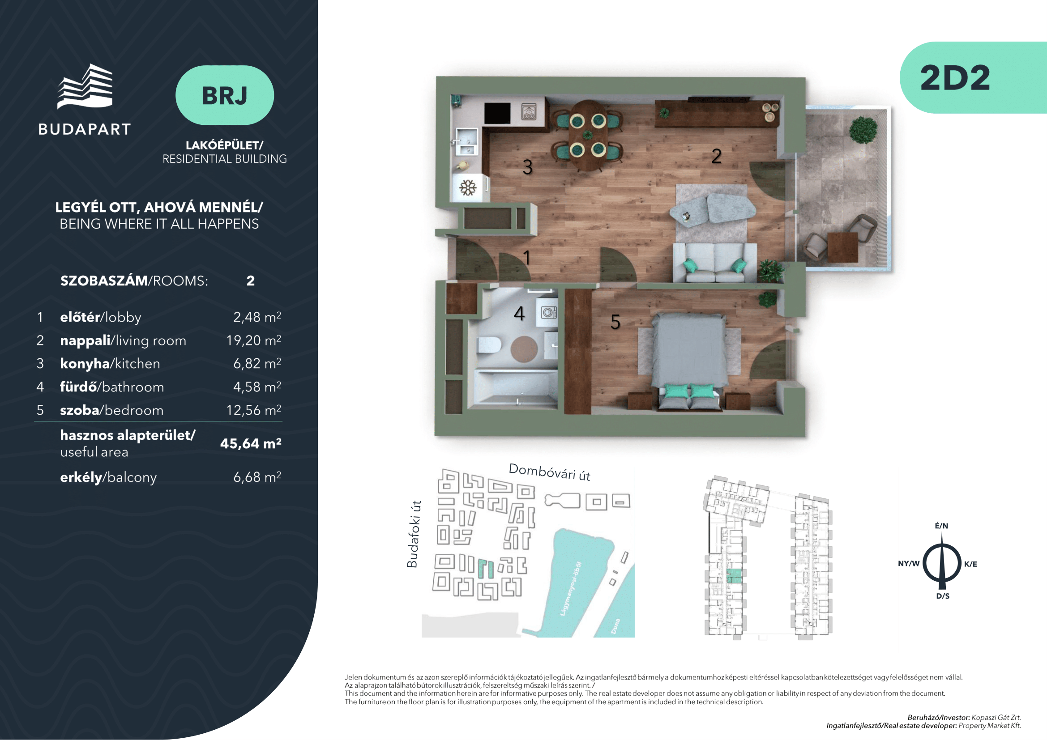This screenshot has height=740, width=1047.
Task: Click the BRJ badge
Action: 225,95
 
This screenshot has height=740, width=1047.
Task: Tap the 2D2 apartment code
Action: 955,78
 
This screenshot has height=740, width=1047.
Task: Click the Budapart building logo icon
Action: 85,87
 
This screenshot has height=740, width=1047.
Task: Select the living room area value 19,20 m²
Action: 253,340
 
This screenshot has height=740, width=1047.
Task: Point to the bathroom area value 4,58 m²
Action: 257,387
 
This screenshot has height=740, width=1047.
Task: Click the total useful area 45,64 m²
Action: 251,443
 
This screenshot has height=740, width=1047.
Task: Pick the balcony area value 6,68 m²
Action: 257,477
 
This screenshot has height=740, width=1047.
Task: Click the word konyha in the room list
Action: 85,364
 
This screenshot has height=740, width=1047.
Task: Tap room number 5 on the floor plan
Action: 615,322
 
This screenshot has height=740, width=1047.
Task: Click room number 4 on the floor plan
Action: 519,314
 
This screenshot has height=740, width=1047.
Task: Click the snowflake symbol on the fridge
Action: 468,188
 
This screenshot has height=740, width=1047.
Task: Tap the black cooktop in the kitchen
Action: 497,113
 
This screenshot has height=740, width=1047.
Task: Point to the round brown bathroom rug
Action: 524,349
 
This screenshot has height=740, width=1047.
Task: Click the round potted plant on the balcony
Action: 863,129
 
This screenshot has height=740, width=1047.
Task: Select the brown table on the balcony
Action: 843,247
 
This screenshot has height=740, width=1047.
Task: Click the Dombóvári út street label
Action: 550,472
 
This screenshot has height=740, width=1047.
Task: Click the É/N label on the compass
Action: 941,526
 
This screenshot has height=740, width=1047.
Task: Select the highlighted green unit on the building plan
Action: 734,576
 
